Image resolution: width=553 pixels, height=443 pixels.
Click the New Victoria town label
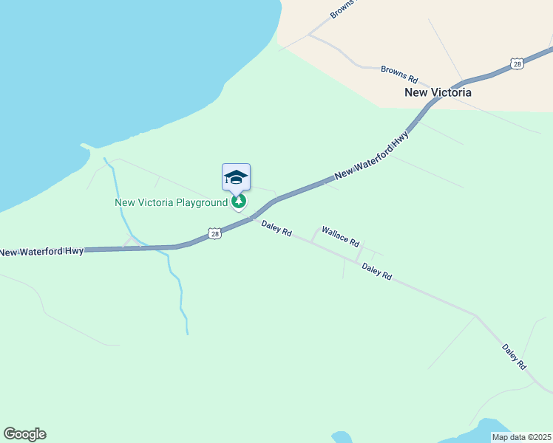click(x=438, y=93)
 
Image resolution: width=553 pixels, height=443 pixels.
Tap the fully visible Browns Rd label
click(x=399, y=74)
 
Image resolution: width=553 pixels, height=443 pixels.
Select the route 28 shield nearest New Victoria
click(x=518, y=64)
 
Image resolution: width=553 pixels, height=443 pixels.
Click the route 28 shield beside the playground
click(x=214, y=233)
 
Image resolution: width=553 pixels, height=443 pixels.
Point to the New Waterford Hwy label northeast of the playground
click(x=372, y=157)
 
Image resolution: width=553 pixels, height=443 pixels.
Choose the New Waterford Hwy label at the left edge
click(x=41, y=252)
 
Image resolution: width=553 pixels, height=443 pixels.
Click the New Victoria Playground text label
click(x=171, y=202)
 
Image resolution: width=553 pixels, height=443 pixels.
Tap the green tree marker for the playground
click(x=238, y=201)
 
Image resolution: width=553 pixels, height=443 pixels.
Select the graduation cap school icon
click(x=236, y=177)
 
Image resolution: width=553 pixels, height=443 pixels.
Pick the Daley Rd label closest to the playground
click(x=276, y=227)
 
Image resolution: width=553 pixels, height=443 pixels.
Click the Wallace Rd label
click(x=340, y=236)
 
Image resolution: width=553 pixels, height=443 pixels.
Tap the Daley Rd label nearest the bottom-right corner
click(x=513, y=356)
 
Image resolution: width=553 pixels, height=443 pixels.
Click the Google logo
click(x=24, y=434)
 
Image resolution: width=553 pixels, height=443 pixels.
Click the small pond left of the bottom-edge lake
click(x=342, y=437)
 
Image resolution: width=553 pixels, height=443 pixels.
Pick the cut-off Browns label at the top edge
click(x=342, y=8)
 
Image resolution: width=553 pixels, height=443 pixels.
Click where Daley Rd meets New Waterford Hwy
click(x=253, y=218)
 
